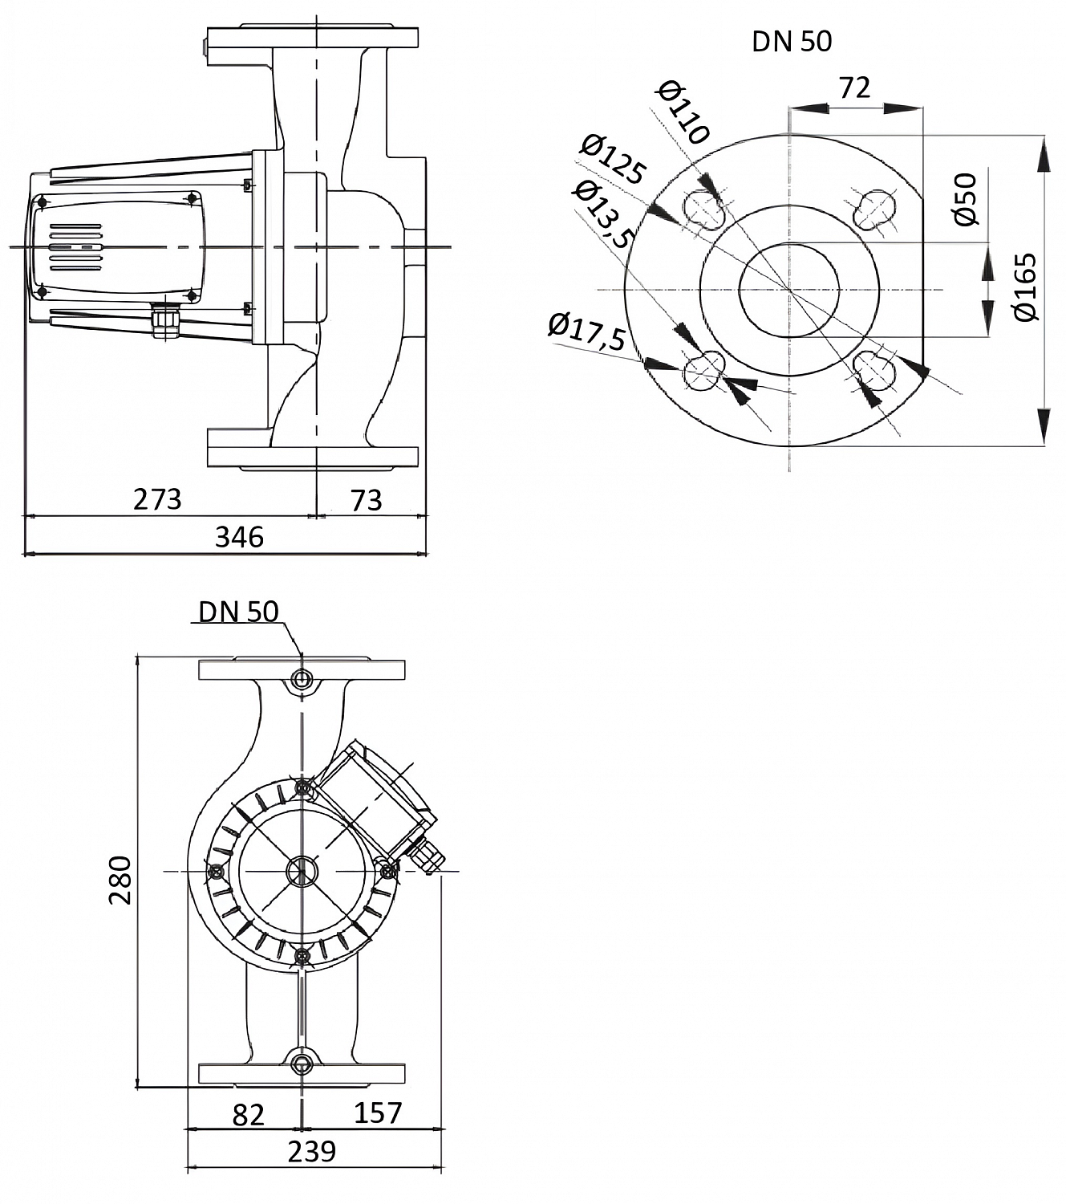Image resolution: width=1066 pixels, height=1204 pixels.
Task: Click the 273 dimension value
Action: pos(157,499)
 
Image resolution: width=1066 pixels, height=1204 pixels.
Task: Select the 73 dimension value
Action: pos(367,500)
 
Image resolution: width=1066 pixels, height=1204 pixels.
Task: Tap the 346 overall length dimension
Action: pos(239,536)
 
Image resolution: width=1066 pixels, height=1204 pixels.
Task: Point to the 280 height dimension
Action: pos(120,880)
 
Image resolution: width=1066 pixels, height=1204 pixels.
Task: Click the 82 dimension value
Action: pos(248,1114)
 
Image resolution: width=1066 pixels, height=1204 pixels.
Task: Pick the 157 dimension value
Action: pos(377,1112)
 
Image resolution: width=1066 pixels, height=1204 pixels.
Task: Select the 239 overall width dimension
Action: pos(311,1152)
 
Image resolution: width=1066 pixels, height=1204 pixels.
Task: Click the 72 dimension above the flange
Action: pos(853,87)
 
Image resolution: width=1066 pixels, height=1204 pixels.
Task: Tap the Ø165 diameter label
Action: pos(1026,287)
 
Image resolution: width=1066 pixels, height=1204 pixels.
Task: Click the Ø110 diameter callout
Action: pos(683,113)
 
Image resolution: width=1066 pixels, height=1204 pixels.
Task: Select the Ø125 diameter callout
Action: pos(613,161)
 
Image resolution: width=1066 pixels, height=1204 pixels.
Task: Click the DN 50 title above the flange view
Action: pos(791,42)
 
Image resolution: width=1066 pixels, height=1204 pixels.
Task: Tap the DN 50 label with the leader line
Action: pos(238,612)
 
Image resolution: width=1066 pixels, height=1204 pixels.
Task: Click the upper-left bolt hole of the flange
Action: pos(704,209)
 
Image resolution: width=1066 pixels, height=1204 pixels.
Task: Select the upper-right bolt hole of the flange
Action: pos(873,209)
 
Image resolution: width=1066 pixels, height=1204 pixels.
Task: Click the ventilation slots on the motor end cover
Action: pos(77,248)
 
